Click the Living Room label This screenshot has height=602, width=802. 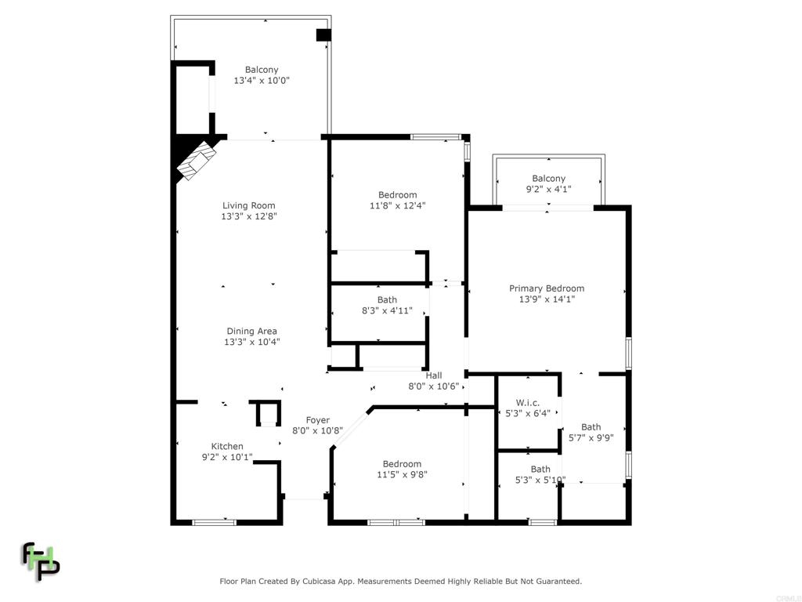tap(248, 206)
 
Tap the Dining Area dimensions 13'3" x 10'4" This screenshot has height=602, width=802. tap(251, 342)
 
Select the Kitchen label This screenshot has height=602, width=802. tap(227, 446)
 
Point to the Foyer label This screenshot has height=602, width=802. tap(318, 420)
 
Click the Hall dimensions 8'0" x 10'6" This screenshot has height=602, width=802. tap(434, 386)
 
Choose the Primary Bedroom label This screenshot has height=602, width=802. tap(547, 288)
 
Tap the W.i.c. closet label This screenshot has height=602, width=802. tap(527, 403)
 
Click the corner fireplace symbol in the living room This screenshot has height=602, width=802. tap(197, 160)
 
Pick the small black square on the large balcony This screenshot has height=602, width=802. tap(323, 35)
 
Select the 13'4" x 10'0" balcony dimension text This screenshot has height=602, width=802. tap(262, 81)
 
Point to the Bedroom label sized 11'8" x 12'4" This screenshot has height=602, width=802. tap(397, 195)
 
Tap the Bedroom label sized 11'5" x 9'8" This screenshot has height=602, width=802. tap(402, 464)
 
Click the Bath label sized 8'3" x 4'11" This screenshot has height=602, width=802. tap(387, 300)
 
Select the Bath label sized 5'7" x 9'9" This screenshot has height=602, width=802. tap(591, 427)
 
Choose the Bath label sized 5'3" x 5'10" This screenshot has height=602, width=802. tap(540, 470)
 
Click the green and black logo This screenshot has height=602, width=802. tap(41, 561)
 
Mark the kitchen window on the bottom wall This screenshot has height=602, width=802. tap(215, 523)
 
